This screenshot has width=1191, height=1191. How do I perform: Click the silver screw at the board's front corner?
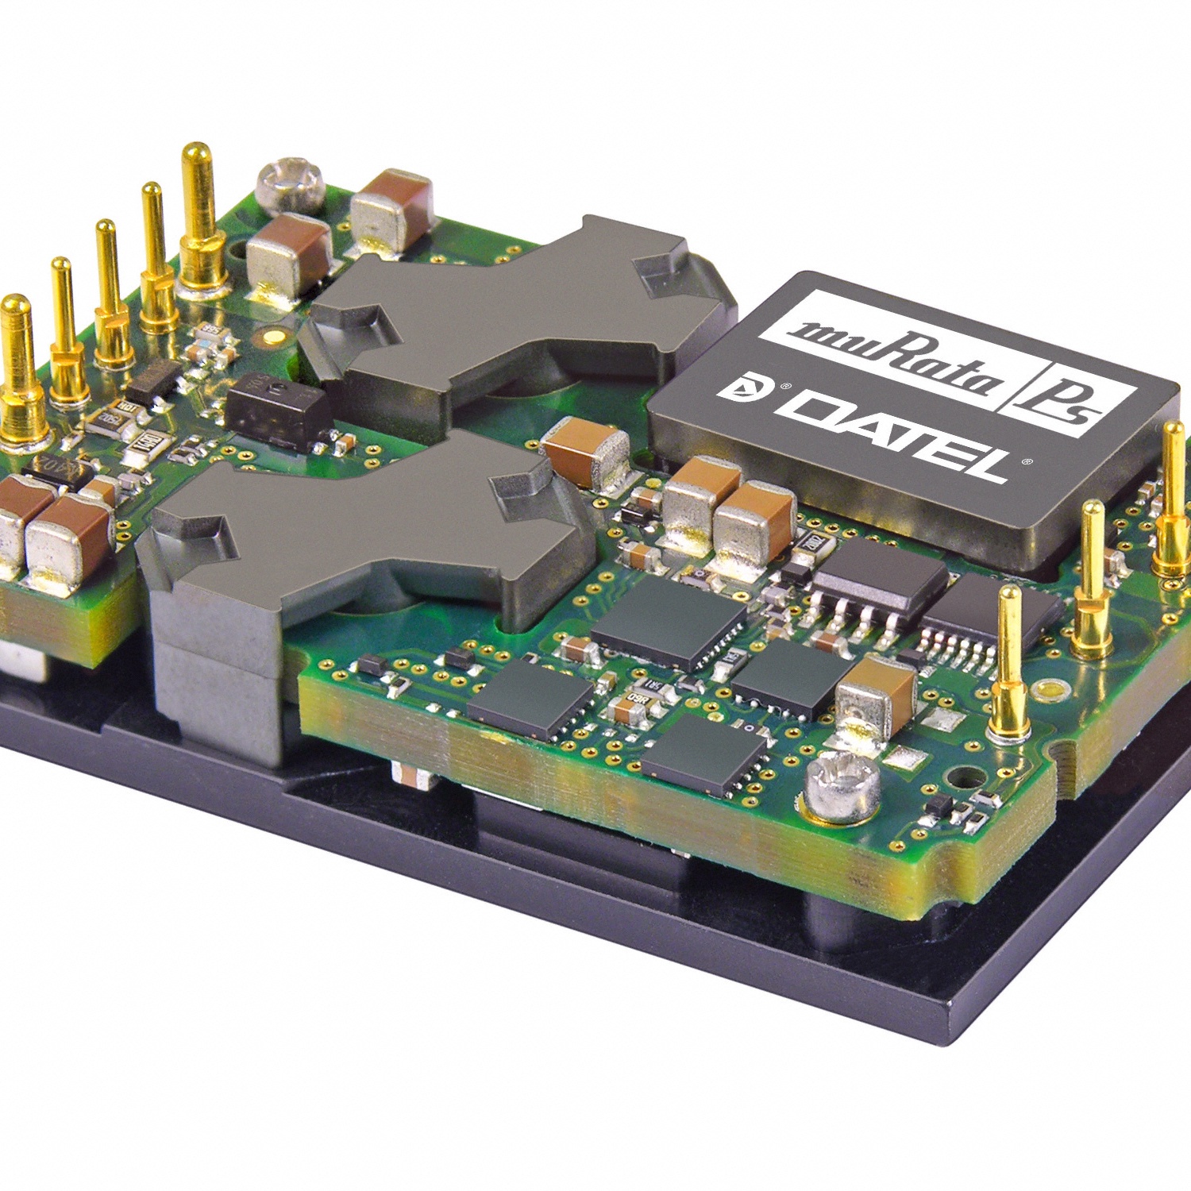(x=842, y=786)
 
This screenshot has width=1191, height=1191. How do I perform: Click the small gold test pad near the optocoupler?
(x=273, y=337)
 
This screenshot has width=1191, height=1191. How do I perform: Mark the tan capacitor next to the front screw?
(x=877, y=695)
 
